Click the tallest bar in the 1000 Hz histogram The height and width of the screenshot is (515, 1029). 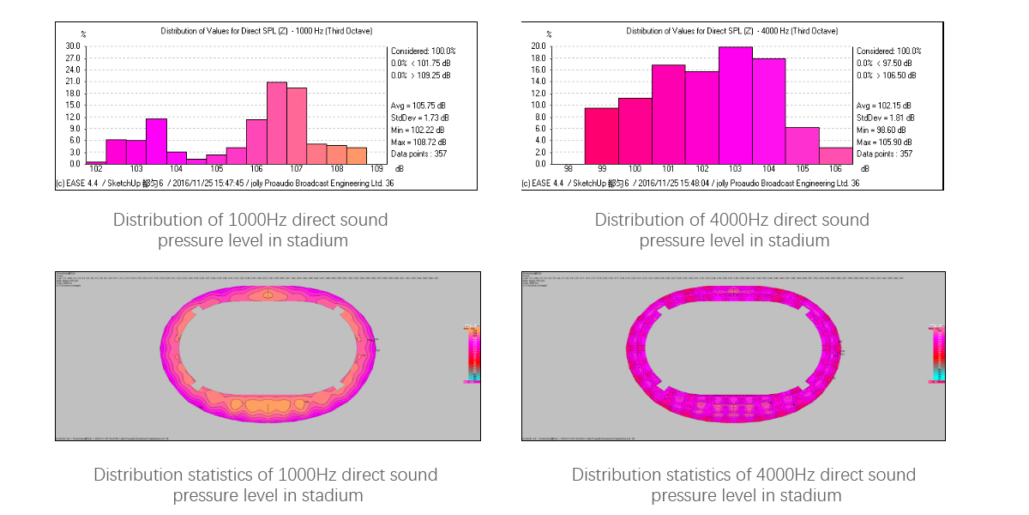point(276,123)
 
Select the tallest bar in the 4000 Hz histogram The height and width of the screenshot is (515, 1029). point(736,106)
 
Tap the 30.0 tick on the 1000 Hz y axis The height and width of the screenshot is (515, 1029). point(72,46)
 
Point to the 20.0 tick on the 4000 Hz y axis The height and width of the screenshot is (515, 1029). point(538,46)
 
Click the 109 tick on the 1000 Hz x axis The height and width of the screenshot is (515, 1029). point(376,170)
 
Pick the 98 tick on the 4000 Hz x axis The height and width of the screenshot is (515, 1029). point(568,170)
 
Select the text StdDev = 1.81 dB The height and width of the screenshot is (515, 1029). point(886,118)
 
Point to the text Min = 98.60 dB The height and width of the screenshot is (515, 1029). point(885,130)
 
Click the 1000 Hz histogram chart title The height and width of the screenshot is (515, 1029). point(267,31)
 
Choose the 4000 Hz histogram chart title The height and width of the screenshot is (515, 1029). point(732,31)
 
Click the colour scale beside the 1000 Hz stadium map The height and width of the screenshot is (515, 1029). point(472,354)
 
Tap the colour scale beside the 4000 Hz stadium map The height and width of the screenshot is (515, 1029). point(938,354)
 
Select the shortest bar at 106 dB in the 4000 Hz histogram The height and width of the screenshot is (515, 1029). point(836,155)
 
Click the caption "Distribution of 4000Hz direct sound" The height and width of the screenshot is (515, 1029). point(732,220)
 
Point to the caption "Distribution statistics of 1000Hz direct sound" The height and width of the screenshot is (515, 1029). point(266,475)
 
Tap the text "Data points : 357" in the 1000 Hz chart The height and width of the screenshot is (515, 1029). point(420,154)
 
